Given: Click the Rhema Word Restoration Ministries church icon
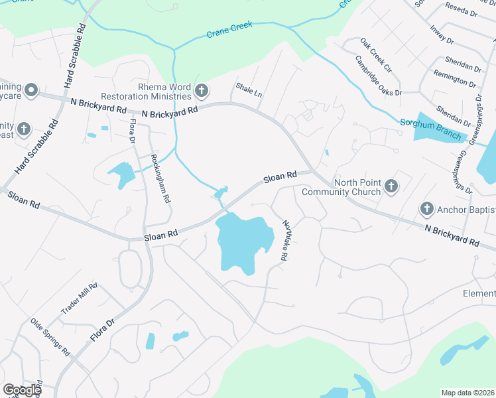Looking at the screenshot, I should pyautogui.click(x=202, y=89).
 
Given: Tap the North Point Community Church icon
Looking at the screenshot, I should pyautogui.click(x=391, y=186).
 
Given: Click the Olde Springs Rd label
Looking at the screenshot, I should pyautogui.click(x=50, y=338).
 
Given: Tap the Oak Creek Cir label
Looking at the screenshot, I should pyautogui.click(x=376, y=55).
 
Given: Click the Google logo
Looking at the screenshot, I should pyautogui.click(x=22, y=390).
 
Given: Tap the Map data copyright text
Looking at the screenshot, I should pyautogui.click(x=467, y=393).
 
